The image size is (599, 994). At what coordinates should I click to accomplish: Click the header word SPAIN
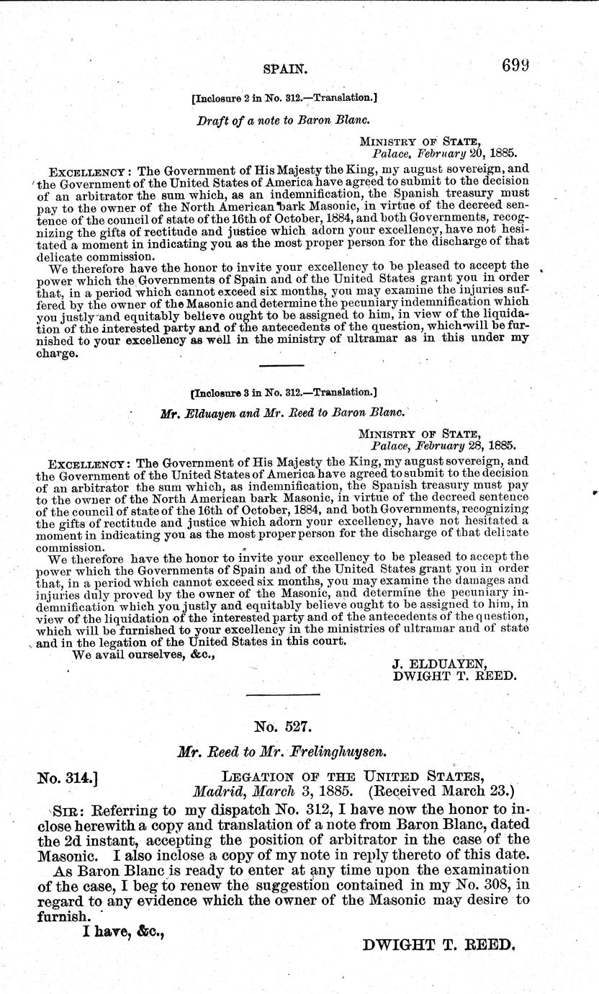pyautogui.click(x=286, y=70)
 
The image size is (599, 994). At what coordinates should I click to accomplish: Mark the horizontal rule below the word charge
pyautogui.click(x=282, y=366)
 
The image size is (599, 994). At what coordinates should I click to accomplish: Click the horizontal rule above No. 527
pyautogui.click(x=283, y=694)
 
